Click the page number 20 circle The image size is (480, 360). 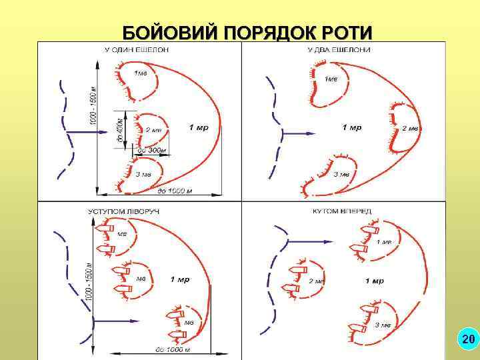(x=468, y=340)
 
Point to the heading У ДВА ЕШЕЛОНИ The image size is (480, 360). (x=338, y=49)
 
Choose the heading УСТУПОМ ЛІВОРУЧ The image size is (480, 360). (x=124, y=211)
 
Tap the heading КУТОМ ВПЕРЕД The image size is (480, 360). (x=342, y=211)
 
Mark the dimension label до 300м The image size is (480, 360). (x=150, y=151)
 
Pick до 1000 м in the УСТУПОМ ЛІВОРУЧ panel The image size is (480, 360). (x=173, y=349)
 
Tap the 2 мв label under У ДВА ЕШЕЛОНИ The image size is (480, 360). (x=409, y=128)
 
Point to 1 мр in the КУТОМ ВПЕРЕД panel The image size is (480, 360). (x=374, y=281)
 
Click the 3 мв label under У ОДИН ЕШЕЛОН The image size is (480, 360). (x=142, y=174)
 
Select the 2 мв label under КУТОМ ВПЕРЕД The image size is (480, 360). (x=316, y=281)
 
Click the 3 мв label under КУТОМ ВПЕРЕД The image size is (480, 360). (x=383, y=325)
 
